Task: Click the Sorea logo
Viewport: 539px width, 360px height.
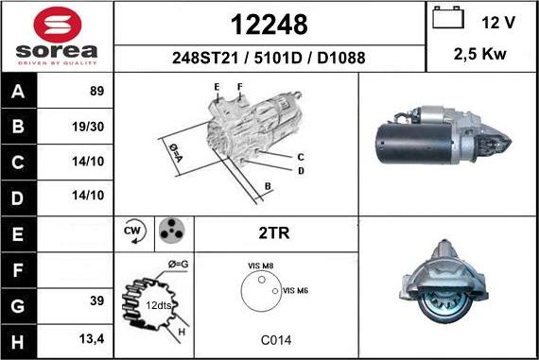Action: (x=56, y=37)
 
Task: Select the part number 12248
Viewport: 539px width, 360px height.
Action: (x=269, y=24)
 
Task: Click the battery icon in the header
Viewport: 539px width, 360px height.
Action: (x=446, y=19)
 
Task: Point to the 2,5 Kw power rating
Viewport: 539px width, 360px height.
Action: (x=480, y=55)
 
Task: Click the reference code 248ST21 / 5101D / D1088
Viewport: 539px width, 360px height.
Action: (x=269, y=58)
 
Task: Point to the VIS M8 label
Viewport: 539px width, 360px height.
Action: (x=260, y=266)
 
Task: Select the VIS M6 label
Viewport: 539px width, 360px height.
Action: (x=296, y=290)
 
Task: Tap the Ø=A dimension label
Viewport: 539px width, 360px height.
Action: (x=175, y=151)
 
